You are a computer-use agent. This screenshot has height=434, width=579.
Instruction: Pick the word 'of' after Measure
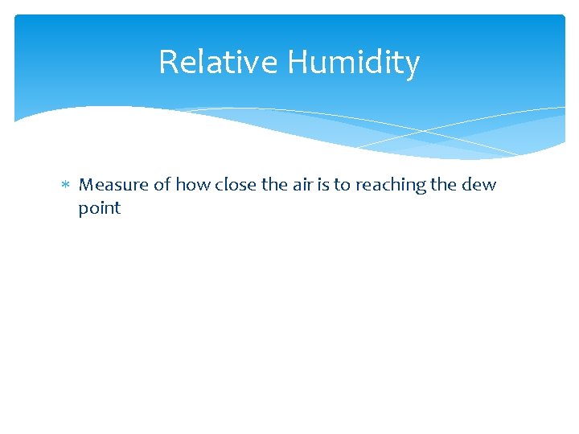coord(162,185)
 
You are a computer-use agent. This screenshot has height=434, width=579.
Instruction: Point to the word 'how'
coord(191,185)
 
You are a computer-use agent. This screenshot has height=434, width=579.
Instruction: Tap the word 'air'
coord(306,185)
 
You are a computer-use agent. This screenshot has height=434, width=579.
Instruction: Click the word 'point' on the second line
coord(100,209)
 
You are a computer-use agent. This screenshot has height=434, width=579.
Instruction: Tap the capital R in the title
coord(167,62)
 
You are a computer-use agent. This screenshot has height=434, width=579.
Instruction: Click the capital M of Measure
coord(87,185)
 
